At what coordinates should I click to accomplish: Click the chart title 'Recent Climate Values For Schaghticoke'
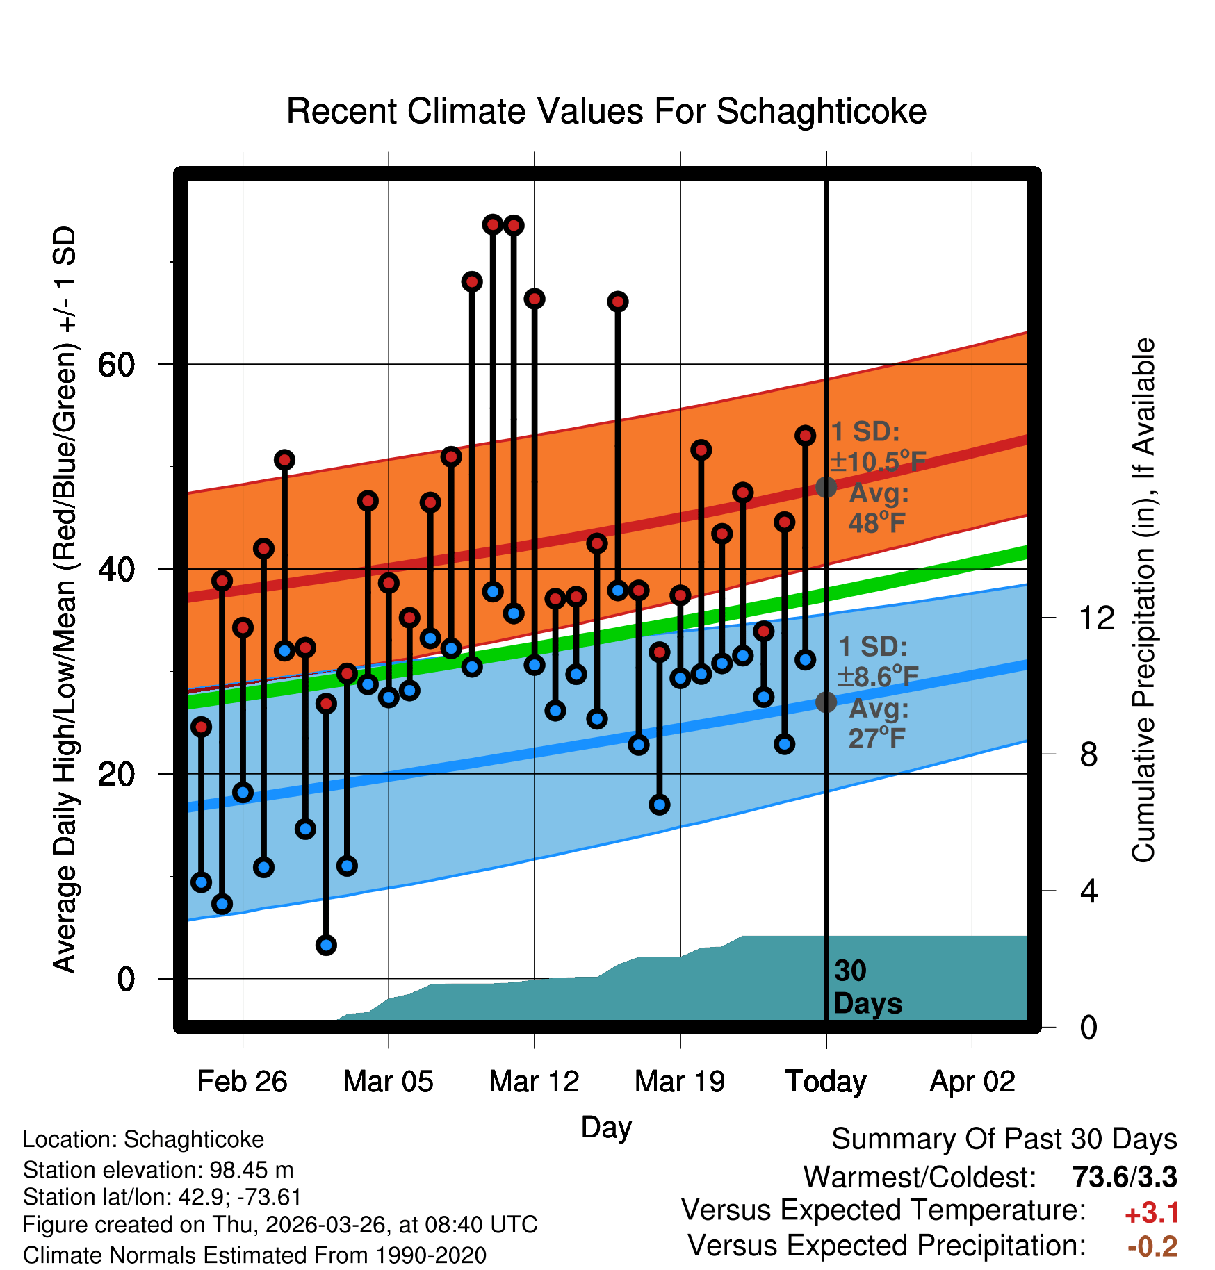606,111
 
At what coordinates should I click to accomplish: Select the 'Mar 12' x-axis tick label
534,1082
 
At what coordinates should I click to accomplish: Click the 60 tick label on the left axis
116,364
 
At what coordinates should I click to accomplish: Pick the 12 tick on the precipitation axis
1096,618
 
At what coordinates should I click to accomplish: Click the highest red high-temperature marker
493,224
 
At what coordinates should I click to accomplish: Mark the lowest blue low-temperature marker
326,945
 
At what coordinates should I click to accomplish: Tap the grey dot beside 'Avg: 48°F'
826,487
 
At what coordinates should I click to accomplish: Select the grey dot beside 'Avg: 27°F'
826,702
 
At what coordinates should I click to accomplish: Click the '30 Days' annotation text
867,987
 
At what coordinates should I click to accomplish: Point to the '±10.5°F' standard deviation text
878,461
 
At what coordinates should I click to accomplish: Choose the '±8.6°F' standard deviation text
878,676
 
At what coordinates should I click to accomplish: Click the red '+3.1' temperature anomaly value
1152,1213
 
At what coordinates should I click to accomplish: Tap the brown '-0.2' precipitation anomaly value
1152,1246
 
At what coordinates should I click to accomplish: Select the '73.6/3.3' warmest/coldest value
1125,1177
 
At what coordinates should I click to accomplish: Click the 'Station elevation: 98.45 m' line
158,1170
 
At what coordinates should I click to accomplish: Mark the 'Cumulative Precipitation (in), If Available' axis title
1143,600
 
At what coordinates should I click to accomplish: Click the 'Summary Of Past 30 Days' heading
1004,1139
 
